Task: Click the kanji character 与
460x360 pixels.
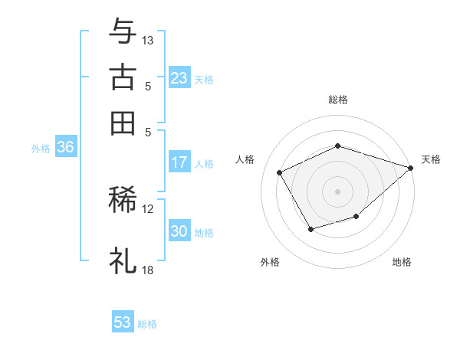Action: [x=123, y=32]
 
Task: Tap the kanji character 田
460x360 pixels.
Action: [x=123, y=122]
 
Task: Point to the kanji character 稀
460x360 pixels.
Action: [x=123, y=200]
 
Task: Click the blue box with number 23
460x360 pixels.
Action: [x=179, y=78]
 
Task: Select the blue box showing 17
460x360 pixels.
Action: [x=179, y=162]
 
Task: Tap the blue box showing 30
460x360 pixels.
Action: [x=179, y=232]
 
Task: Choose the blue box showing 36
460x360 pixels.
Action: [x=65, y=148]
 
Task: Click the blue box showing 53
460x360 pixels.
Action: [x=123, y=322]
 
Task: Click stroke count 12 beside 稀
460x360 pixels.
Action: [x=148, y=208]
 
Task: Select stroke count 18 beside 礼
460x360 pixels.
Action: [x=148, y=270]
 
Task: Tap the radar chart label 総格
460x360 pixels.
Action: [x=338, y=100]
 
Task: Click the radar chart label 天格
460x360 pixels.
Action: [x=431, y=159]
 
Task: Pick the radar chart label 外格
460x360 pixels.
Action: [x=270, y=262]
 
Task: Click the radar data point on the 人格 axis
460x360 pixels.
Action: [x=280, y=172]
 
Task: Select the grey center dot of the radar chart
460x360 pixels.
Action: [x=338, y=191]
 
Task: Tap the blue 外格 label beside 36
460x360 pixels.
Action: [x=41, y=149]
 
